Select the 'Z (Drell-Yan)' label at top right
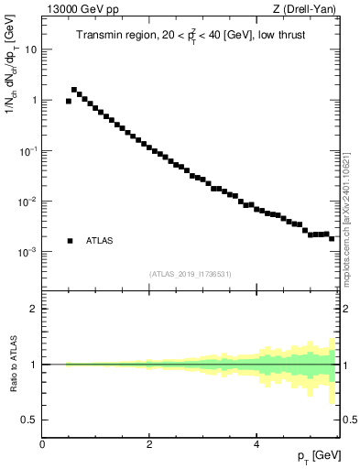pyautogui.click(x=309, y=10)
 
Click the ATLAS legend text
pyautogui.click(x=99, y=241)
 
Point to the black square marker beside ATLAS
pyautogui.click(x=70, y=241)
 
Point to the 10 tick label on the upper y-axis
pyautogui.click(x=31, y=49)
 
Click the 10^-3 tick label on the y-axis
pyautogui.click(x=27, y=251)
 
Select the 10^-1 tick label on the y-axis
pyautogui.click(x=27, y=150)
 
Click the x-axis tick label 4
pyautogui.click(x=256, y=443)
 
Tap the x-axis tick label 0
pyautogui.click(x=43, y=443)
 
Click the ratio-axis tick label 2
pyautogui.click(x=34, y=309)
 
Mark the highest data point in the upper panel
pyautogui.click(x=74, y=90)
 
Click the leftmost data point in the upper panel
pyautogui.click(x=69, y=101)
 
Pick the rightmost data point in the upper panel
pyautogui.click(x=332, y=238)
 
